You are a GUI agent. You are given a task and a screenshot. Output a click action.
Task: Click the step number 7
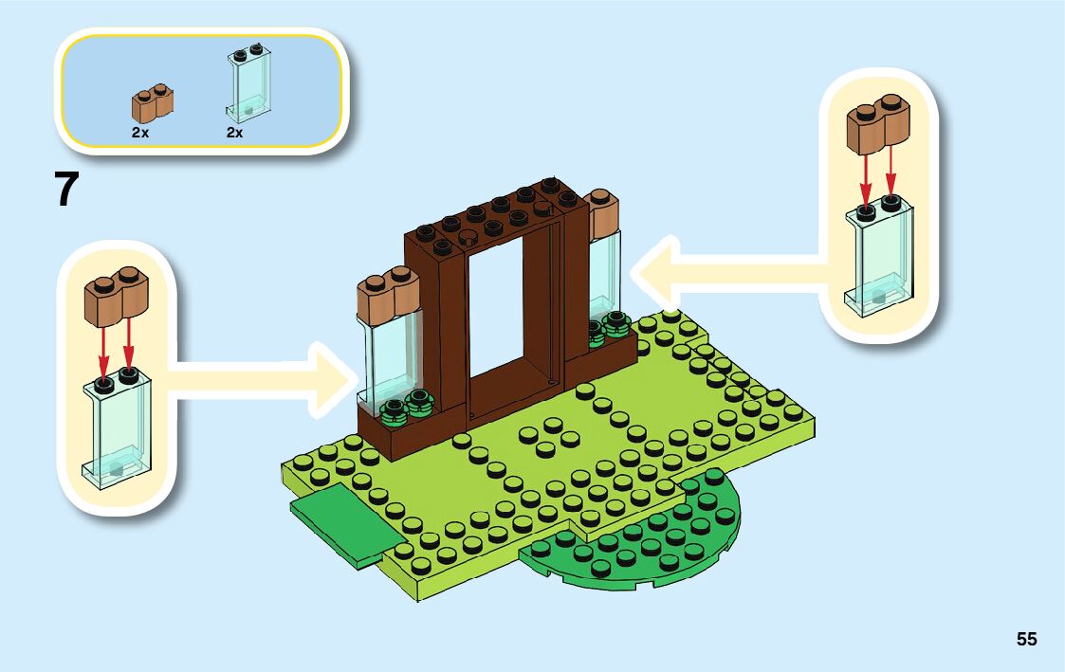(65, 189)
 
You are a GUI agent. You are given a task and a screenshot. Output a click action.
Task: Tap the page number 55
(1026, 640)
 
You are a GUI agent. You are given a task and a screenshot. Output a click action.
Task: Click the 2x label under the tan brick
(140, 134)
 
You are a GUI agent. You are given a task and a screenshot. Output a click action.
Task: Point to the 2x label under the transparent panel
(234, 134)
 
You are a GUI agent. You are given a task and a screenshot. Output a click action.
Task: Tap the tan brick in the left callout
(118, 300)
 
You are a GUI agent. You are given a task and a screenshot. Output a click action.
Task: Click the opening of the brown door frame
(498, 303)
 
